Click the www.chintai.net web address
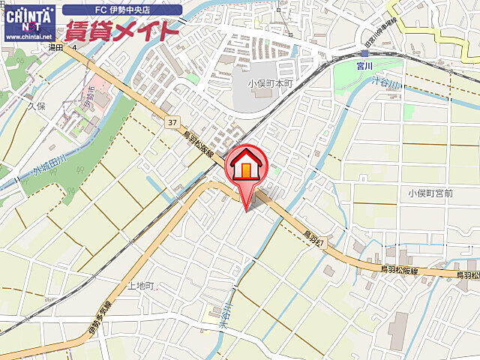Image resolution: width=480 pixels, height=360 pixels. tap(28, 36)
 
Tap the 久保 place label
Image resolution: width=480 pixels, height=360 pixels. tap(37, 106)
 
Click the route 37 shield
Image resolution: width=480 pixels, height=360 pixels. tap(172, 122)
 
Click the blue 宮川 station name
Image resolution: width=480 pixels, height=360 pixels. tap(365, 64)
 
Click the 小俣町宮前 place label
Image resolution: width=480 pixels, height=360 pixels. tap(430, 193)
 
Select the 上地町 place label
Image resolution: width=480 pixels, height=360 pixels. tap(140, 286)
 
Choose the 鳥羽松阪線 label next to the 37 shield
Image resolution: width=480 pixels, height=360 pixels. tap(199, 145)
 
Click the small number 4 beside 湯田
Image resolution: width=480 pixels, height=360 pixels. tap(74, 46)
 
